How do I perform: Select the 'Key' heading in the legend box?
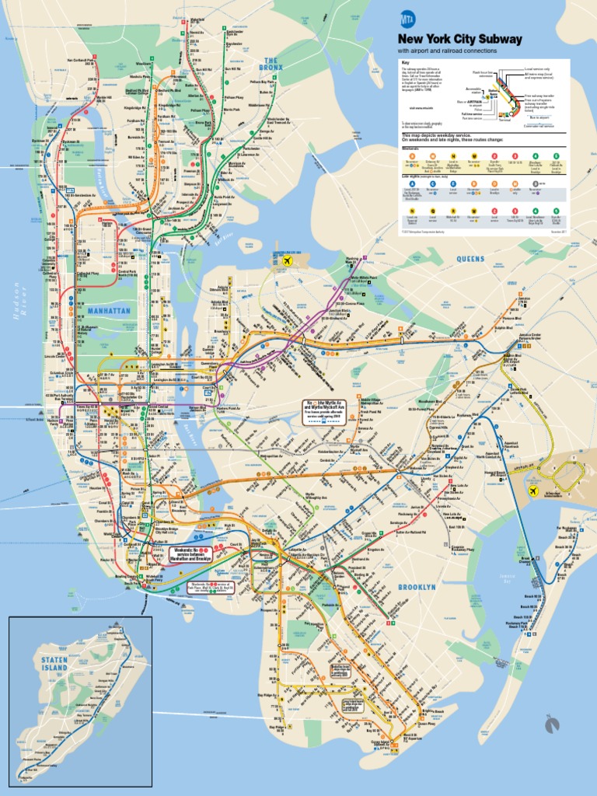[405, 63]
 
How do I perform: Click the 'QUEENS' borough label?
[470, 259]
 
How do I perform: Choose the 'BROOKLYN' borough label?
[417, 588]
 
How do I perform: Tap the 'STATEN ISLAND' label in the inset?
[54, 664]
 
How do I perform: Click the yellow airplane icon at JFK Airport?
[534, 491]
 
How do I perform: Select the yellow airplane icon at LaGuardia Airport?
[288, 261]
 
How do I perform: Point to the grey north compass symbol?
[552, 724]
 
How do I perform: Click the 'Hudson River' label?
[16, 307]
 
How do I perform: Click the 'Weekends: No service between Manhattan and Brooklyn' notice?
[190, 555]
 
